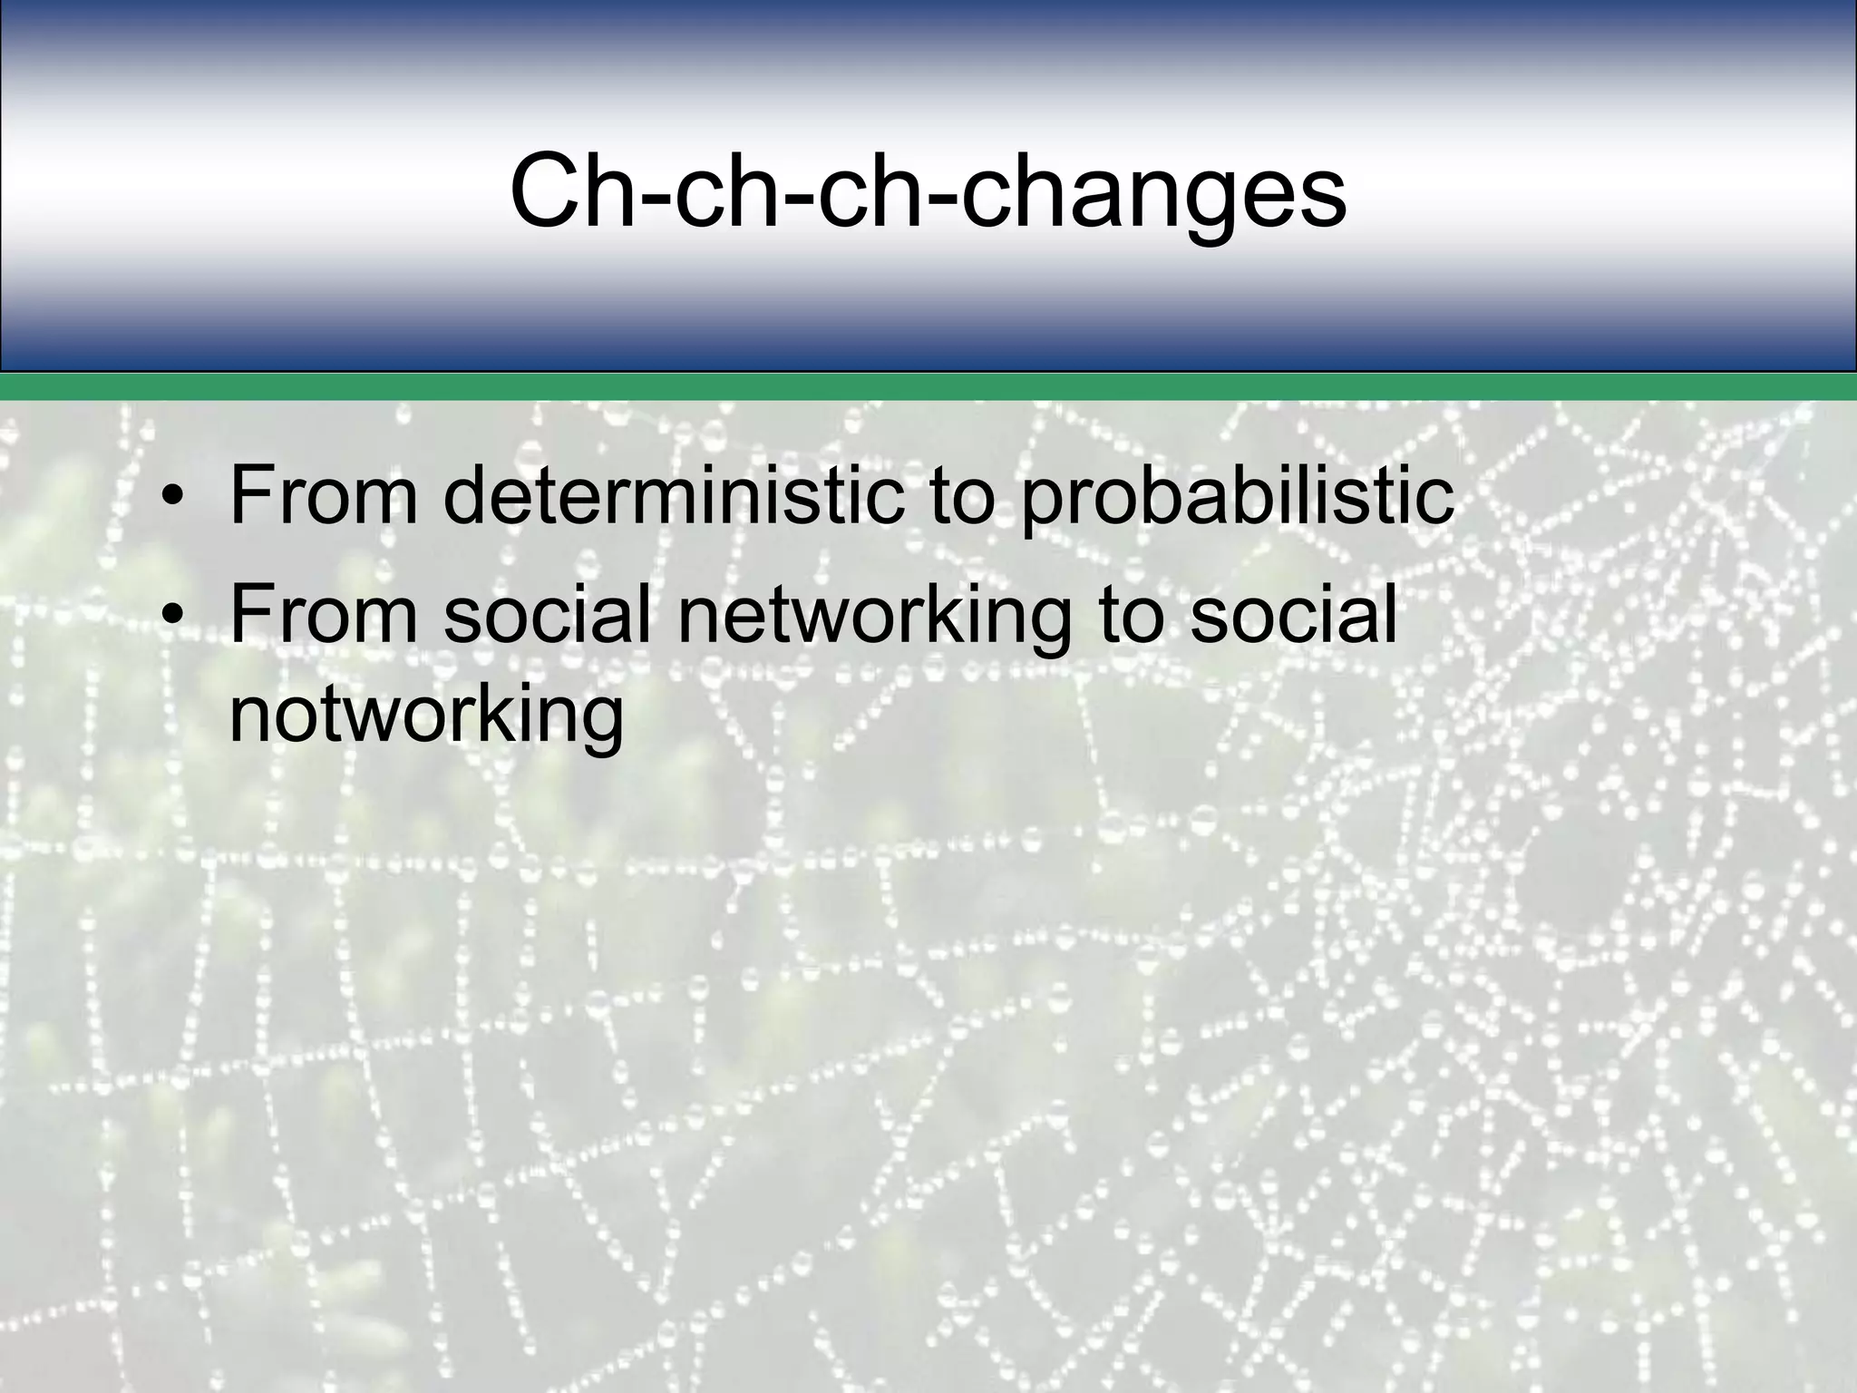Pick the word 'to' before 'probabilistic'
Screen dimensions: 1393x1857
963,497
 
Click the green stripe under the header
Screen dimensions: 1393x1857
928,387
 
